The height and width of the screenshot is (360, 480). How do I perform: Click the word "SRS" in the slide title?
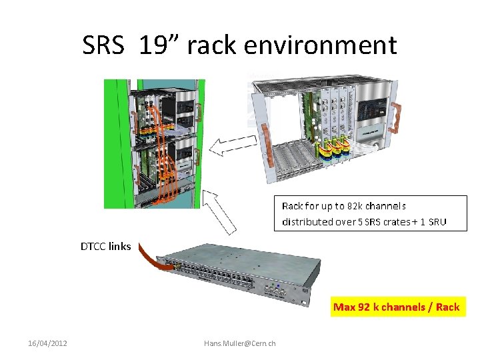pyautogui.click(x=103, y=45)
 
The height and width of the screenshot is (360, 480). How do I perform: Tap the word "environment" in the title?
pyautogui.click(x=321, y=45)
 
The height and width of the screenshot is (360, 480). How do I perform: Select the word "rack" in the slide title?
pyautogui.click(x=214, y=45)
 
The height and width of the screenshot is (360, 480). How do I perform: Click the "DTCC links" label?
pyautogui.click(x=106, y=247)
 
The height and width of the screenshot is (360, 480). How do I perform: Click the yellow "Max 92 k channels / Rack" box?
pyautogui.click(x=396, y=307)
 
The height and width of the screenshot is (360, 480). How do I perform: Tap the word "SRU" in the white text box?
pyautogui.click(x=437, y=221)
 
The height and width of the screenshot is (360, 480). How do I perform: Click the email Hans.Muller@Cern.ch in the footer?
pyautogui.click(x=240, y=343)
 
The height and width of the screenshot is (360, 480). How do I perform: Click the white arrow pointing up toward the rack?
pyautogui.click(x=221, y=210)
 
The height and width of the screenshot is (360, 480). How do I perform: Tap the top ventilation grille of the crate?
pyautogui.click(x=313, y=83)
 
